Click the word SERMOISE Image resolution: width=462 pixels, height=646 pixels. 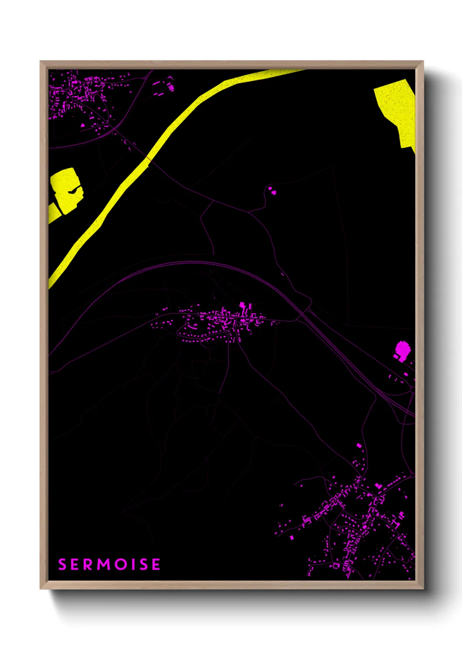[109, 564]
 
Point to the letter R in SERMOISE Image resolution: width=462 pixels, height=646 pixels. [89, 564]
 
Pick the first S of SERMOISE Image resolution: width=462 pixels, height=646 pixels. [62, 564]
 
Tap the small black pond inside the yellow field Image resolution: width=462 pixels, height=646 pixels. [74, 190]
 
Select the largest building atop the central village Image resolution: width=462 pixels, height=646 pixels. [242, 306]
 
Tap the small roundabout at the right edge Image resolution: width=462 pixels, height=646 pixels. [413, 392]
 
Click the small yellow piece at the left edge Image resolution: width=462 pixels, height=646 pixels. [53, 213]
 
